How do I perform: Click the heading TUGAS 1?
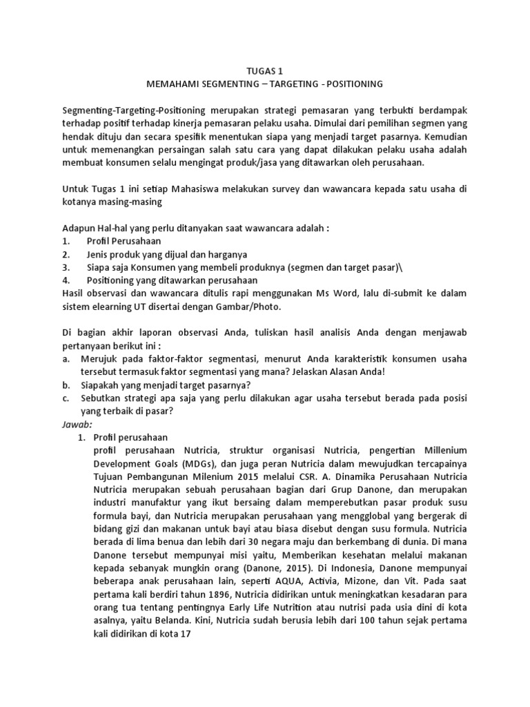(x=264, y=70)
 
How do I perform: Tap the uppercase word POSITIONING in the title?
(x=348, y=84)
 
